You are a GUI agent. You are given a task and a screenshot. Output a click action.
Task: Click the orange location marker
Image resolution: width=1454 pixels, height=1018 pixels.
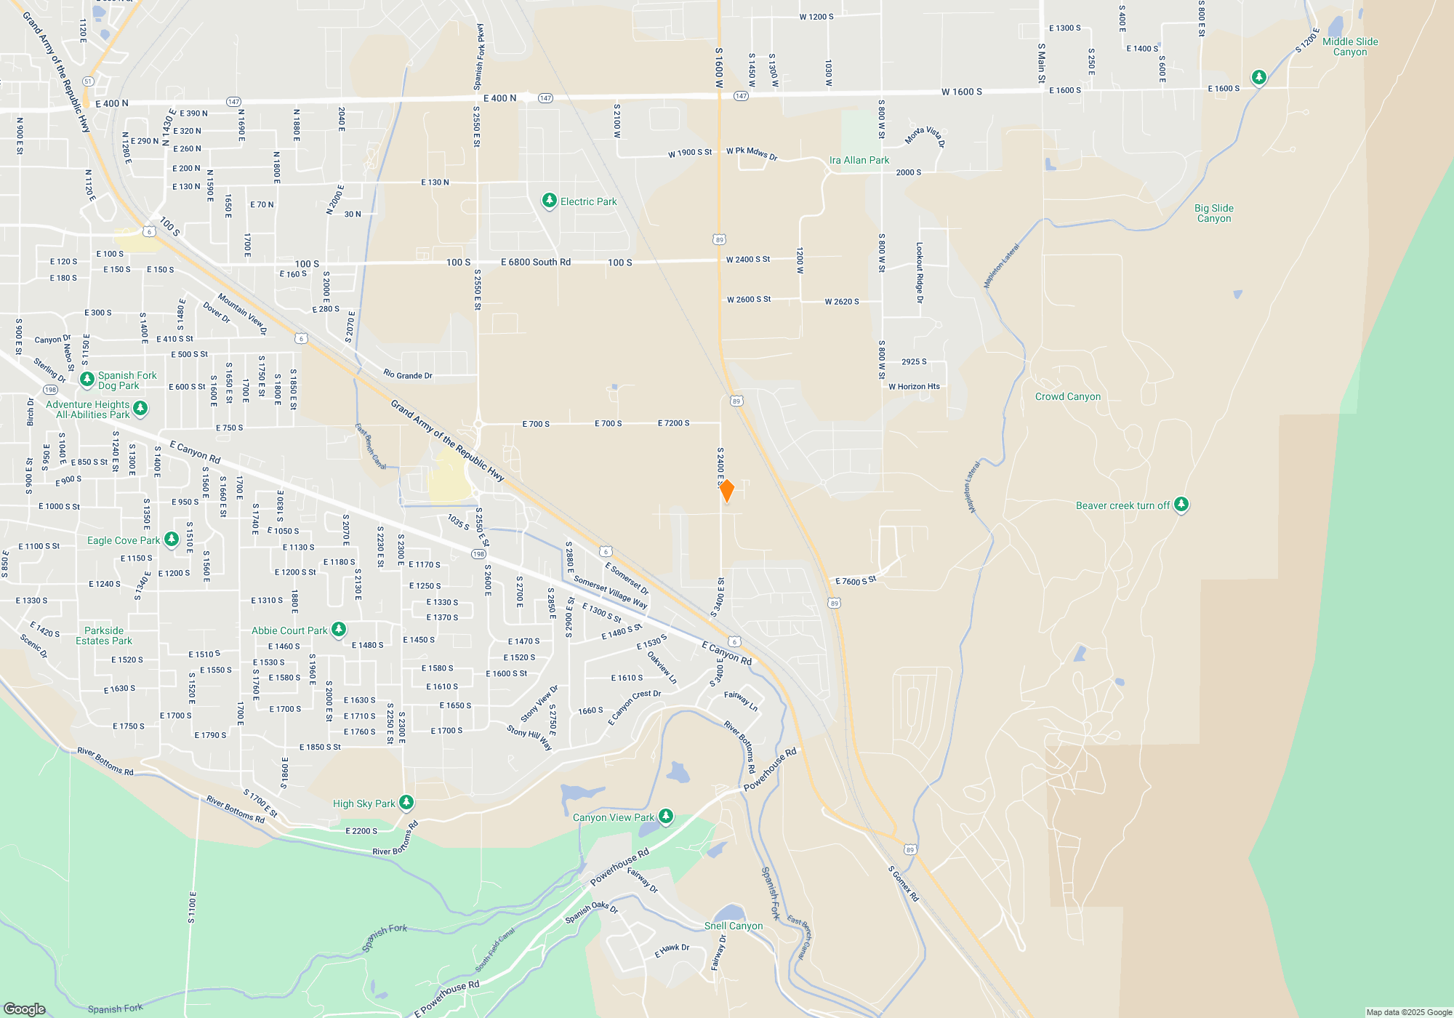tap(726, 491)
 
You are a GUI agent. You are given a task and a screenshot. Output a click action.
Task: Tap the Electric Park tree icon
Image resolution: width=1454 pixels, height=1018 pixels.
tap(550, 201)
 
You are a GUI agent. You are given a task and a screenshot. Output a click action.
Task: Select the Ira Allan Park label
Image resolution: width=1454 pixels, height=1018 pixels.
tap(859, 160)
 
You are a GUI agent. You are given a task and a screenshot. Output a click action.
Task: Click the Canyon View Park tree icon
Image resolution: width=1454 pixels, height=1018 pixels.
tap(665, 817)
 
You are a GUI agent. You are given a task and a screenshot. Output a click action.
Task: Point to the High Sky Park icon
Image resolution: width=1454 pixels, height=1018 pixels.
tap(406, 803)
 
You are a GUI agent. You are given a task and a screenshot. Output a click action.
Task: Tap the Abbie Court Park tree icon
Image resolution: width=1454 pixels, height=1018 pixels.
tap(338, 630)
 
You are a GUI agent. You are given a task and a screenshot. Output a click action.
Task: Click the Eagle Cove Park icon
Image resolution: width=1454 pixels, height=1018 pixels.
tap(172, 540)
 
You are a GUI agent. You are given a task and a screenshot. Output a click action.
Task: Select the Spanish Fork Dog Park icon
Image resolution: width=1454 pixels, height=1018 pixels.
tap(87, 380)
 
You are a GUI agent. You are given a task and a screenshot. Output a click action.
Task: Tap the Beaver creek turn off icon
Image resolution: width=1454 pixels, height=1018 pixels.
tap(1181, 505)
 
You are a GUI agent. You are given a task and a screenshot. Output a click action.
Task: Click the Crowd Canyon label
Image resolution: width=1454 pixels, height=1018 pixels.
tap(1067, 397)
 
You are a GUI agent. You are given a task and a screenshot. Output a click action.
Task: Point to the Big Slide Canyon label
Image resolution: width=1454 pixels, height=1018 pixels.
tap(1213, 213)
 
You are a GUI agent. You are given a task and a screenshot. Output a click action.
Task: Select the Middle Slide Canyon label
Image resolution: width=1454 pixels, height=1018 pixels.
tap(1350, 47)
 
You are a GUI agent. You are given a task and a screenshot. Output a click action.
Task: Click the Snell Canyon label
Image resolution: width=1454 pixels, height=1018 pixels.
tap(734, 926)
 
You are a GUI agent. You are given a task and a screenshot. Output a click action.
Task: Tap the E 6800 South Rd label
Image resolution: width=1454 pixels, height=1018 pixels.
tap(536, 262)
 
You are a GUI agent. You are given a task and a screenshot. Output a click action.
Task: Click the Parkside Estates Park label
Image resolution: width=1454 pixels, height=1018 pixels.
tap(104, 636)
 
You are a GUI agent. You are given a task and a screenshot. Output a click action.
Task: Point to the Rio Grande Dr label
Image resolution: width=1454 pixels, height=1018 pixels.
tap(407, 375)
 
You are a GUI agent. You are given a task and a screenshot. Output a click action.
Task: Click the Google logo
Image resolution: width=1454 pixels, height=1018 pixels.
tap(25, 1009)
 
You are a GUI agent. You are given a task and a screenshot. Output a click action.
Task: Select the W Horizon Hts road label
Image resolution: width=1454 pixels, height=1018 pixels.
tap(914, 387)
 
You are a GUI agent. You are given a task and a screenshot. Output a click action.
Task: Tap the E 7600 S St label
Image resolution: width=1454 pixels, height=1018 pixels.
tap(856, 581)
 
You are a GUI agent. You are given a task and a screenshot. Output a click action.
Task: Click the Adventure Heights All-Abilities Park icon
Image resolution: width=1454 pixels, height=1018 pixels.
tap(140, 409)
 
